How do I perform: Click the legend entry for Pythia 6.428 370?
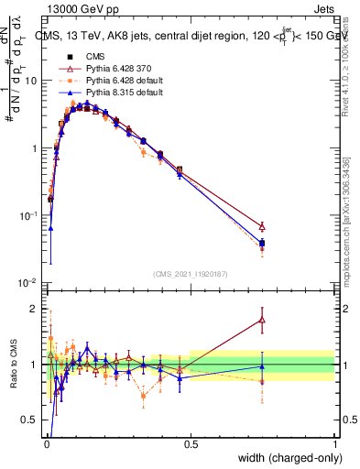click(114, 70)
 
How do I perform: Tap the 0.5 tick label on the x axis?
click(191, 444)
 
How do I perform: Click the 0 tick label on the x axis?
click(47, 444)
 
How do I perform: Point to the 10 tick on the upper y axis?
click(30, 80)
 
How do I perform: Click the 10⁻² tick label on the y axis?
click(28, 283)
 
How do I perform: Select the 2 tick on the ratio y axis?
click(37, 309)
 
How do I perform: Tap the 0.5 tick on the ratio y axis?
click(33, 421)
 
